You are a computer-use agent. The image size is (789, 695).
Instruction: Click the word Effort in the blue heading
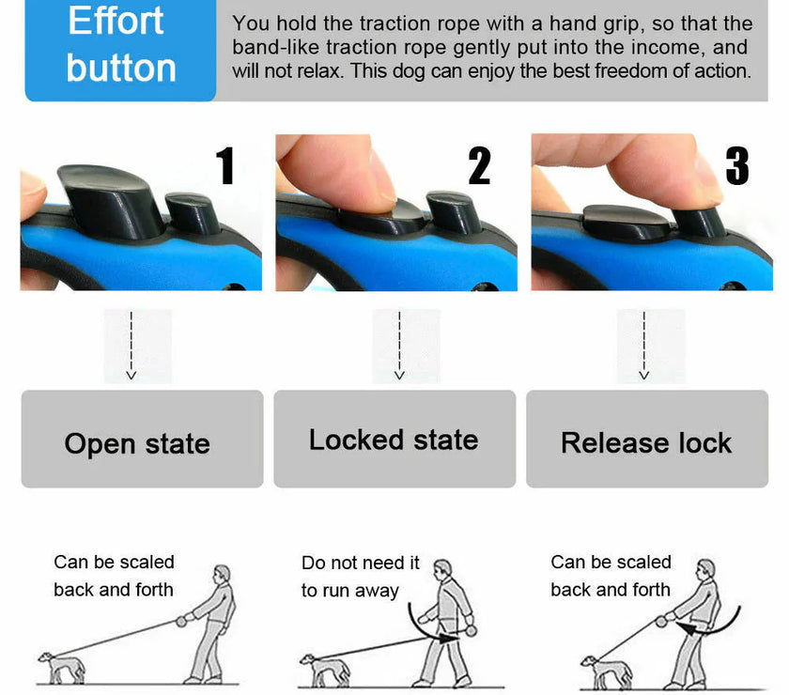click(x=116, y=21)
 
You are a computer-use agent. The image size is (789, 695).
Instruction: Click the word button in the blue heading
click(x=121, y=68)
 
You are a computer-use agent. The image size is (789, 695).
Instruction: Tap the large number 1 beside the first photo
click(x=224, y=166)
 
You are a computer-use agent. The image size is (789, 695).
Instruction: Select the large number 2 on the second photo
click(x=479, y=166)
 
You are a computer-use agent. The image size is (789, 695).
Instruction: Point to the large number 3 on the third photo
click(x=737, y=166)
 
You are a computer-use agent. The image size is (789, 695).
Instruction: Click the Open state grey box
click(x=142, y=440)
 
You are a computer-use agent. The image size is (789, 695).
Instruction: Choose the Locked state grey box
click(x=394, y=440)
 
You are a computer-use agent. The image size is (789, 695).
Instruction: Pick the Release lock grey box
click(x=647, y=440)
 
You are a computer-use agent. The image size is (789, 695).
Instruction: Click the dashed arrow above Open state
click(x=131, y=345)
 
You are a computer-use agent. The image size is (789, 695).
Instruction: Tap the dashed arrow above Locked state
click(x=399, y=345)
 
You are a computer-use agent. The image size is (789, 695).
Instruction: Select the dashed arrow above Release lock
click(x=644, y=345)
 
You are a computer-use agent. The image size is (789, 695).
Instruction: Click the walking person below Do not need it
click(x=449, y=620)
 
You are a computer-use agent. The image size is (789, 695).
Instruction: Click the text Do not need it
click(x=360, y=563)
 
